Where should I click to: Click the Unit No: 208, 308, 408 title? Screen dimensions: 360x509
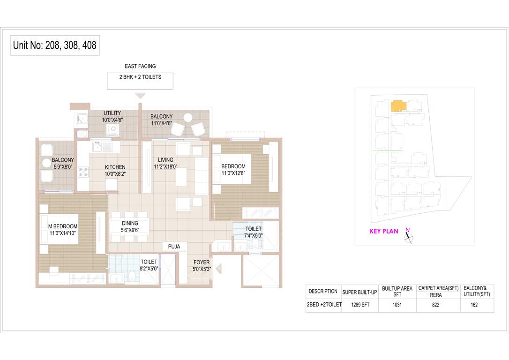coord(55,45)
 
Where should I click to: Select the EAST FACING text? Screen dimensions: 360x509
coord(140,67)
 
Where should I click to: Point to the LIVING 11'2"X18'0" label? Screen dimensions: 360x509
coord(165,163)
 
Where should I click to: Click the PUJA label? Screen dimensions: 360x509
coord(174,247)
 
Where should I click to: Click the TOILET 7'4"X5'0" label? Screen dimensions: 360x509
coord(254,232)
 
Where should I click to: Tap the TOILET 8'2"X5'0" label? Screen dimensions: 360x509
coord(149,265)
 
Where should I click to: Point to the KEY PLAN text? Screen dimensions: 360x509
coord(384,231)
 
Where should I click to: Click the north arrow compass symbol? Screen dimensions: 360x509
coord(409,237)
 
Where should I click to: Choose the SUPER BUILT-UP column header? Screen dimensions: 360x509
coord(360,292)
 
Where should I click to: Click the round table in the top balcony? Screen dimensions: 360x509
coord(188,117)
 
